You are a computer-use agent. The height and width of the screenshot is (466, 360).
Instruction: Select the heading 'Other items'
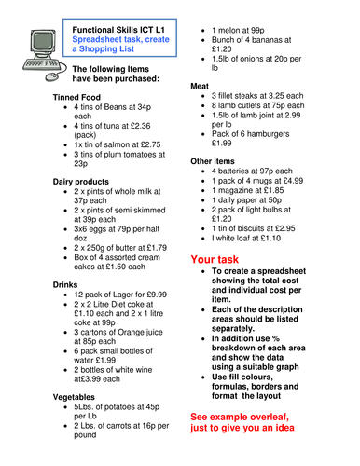tap(214, 160)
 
